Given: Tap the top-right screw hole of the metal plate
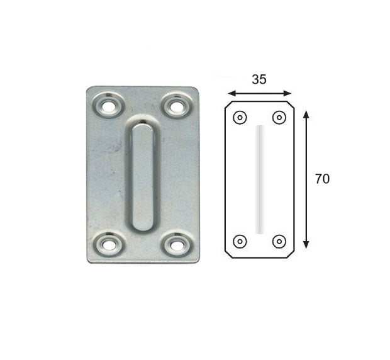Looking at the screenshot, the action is point(177,107).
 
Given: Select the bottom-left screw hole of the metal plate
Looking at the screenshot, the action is point(108,245).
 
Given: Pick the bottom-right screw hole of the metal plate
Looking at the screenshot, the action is point(177,245).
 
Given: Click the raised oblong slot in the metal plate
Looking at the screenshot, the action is point(143,177).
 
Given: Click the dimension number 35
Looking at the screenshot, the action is point(259,79).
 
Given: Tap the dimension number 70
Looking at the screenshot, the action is point(322,179).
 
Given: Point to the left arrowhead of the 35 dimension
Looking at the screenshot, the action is point(232,94).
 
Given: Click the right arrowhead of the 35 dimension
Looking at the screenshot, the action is point(287,94).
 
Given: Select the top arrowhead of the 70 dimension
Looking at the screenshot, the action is point(306,114).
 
